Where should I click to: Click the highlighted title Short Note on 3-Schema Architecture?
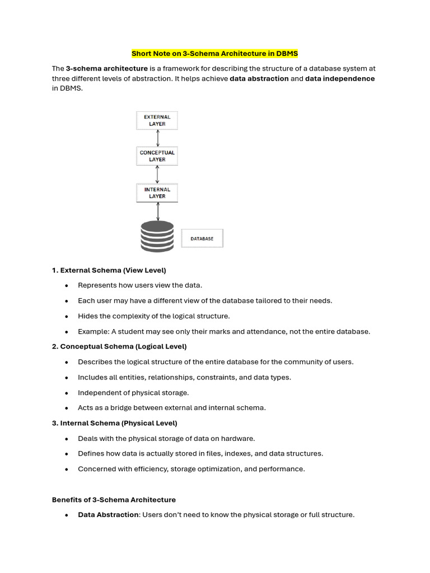click(x=214, y=54)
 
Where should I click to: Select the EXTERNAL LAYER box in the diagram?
click(x=157, y=120)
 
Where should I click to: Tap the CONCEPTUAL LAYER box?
click(x=157, y=156)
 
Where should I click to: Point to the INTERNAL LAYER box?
click(x=157, y=192)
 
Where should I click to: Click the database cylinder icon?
click(x=157, y=236)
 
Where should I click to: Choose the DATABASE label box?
click(x=202, y=238)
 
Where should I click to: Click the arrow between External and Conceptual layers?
click(x=158, y=138)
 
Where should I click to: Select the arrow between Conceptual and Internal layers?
click(x=158, y=174)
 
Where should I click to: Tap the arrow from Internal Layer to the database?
click(x=158, y=211)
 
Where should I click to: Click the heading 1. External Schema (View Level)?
click(x=109, y=270)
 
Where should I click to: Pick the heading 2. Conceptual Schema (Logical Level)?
click(x=119, y=346)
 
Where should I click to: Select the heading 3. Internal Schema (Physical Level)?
click(x=114, y=423)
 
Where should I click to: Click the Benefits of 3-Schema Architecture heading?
click(x=114, y=500)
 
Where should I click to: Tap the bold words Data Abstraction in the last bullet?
click(x=108, y=515)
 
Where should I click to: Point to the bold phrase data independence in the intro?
click(x=340, y=79)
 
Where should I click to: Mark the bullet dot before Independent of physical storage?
click(x=67, y=393)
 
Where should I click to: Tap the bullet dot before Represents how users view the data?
click(x=67, y=285)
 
